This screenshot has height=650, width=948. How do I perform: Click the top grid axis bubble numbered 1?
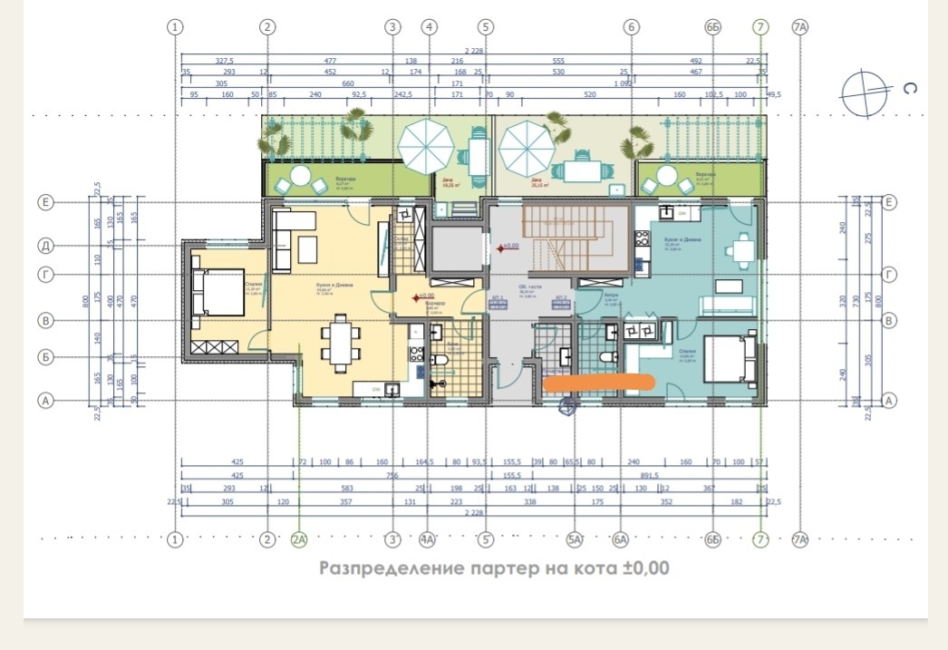click(x=176, y=27)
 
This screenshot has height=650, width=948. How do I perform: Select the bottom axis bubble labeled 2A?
click(x=300, y=541)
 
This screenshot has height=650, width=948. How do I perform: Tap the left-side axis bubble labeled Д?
click(x=45, y=246)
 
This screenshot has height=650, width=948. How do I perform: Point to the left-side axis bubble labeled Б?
click(x=45, y=357)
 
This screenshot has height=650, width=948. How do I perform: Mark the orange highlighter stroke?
click(x=599, y=383)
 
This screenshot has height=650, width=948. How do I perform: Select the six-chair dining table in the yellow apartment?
click(x=339, y=343)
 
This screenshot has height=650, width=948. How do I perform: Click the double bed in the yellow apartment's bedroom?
click(x=218, y=293)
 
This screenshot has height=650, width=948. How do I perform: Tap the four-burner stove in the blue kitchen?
click(x=643, y=239)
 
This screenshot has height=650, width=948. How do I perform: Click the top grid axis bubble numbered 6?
click(x=632, y=27)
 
